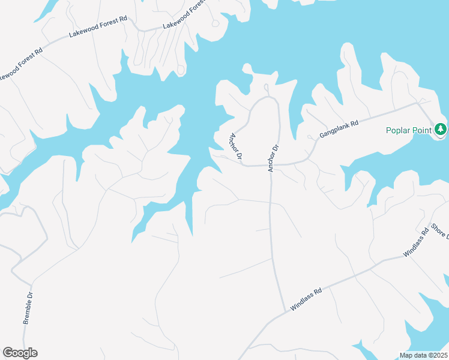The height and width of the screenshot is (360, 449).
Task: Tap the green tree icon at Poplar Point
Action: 441,129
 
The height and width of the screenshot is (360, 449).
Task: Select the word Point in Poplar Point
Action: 423,130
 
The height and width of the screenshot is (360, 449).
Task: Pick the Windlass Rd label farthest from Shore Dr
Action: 307,298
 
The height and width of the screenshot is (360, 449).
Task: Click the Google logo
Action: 20,353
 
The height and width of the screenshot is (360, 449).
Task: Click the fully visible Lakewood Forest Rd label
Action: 98,27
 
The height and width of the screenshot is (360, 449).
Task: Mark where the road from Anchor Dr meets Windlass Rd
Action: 285,311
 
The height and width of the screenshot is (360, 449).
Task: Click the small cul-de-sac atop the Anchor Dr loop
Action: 267,88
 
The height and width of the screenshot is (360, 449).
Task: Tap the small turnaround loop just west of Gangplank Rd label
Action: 310,137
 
